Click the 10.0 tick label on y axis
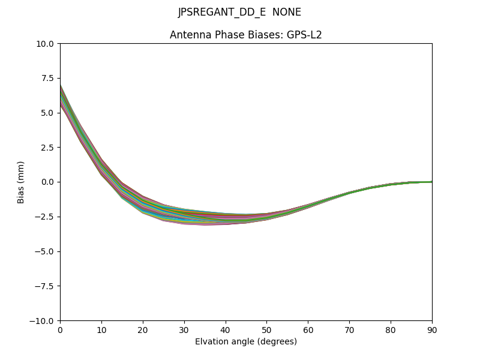tap(47, 43)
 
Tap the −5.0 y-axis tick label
tap(47, 251)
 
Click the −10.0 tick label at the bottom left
tap(44, 320)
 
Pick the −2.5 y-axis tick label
tap(47, 217)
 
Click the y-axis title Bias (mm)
tap(21, 182)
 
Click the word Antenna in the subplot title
tap(188, 35)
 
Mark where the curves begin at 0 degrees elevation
tap(61, 96)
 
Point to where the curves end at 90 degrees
tap(431, 181)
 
